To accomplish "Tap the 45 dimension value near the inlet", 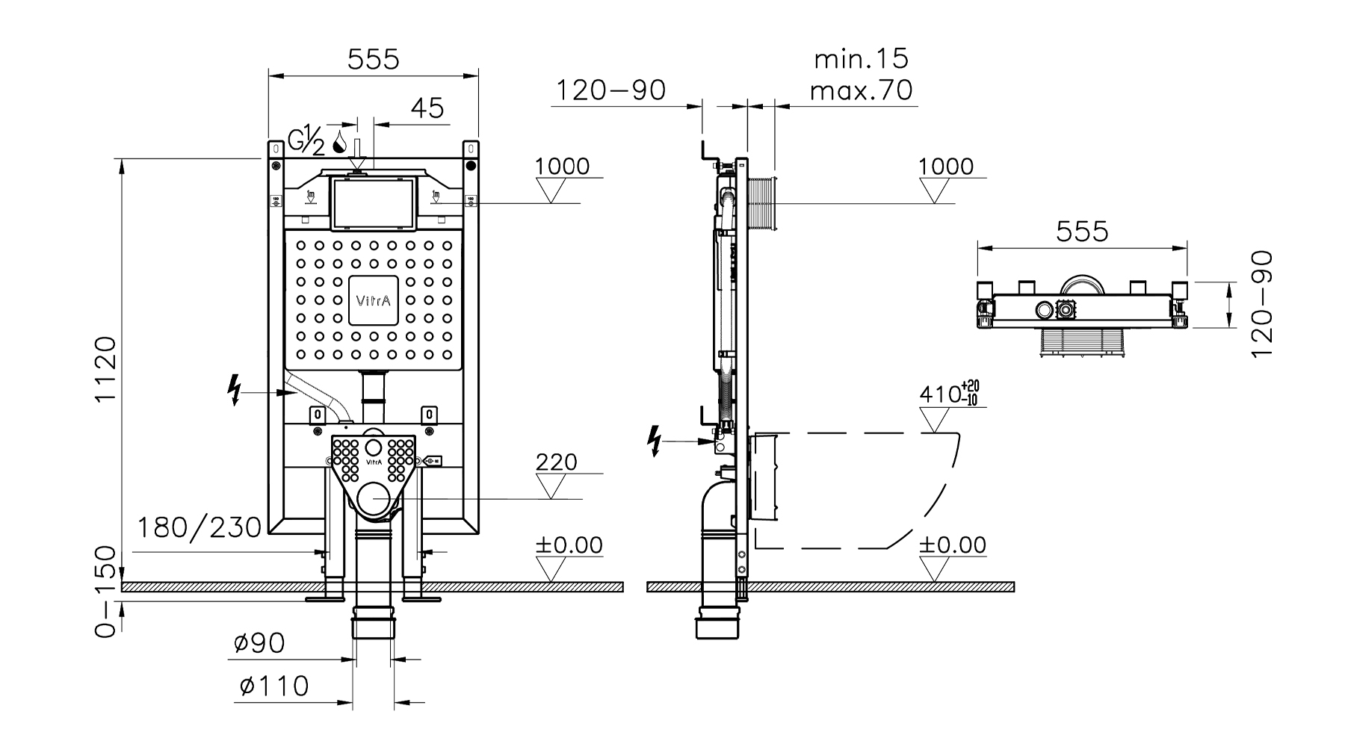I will click(427, 108).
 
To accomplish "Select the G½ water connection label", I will click(307, 140).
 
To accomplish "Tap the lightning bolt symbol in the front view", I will click(235, 389).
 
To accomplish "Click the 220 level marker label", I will click(557, 462).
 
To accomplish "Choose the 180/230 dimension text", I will click(200, 528).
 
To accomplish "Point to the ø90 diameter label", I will click(259, 643).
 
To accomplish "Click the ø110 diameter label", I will click(274, 686).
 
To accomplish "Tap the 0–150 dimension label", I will click(107, 592).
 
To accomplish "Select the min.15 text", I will click(861, 59).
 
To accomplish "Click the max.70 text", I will click(861, 91).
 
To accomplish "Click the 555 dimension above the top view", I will click(1082, 232).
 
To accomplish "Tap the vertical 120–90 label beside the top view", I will click(1261, 304).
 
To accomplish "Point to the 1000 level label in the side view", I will click(946, 166).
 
